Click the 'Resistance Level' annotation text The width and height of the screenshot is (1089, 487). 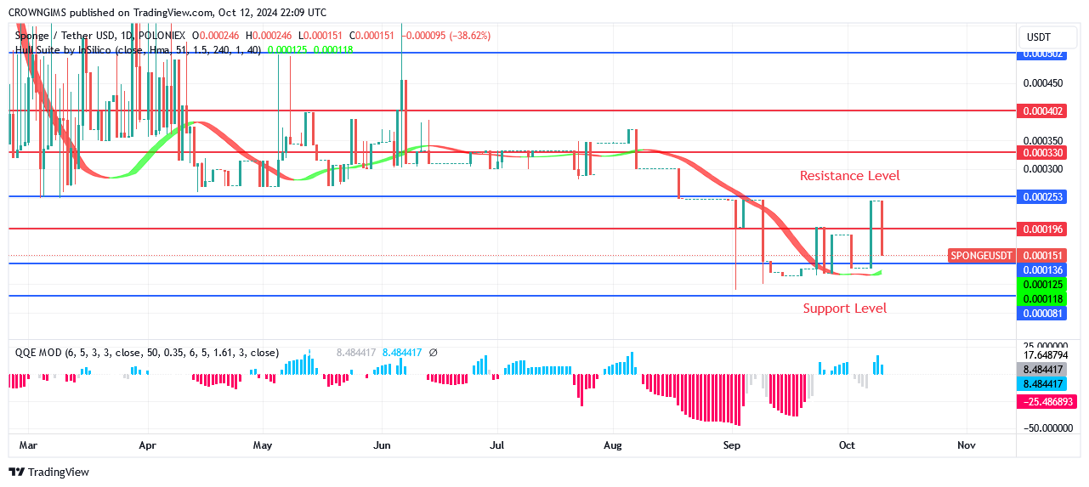pyautogui.click(x=849, y=176)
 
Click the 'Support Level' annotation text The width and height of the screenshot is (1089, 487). pyautogui.click(x=844, y=308)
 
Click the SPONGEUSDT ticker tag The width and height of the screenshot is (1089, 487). pyautogui.click(x=982, y=256)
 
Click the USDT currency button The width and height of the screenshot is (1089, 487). pyautogui.click(x=1039, y=37)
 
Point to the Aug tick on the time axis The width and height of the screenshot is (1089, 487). pyautogui.click(x=612, y=445)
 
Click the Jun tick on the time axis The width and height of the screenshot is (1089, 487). pyautogui.click(x=383, y=445)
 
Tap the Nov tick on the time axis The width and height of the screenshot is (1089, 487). pyautogui.click(x=966, y=445)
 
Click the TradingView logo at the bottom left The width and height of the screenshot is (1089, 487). pyautogui.click(x=48, y=472)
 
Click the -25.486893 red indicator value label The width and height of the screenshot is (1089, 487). pyautogui.click(x=1047, y=401)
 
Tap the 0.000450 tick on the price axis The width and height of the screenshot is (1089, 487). pyautogui.click(x=1042, y=83)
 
